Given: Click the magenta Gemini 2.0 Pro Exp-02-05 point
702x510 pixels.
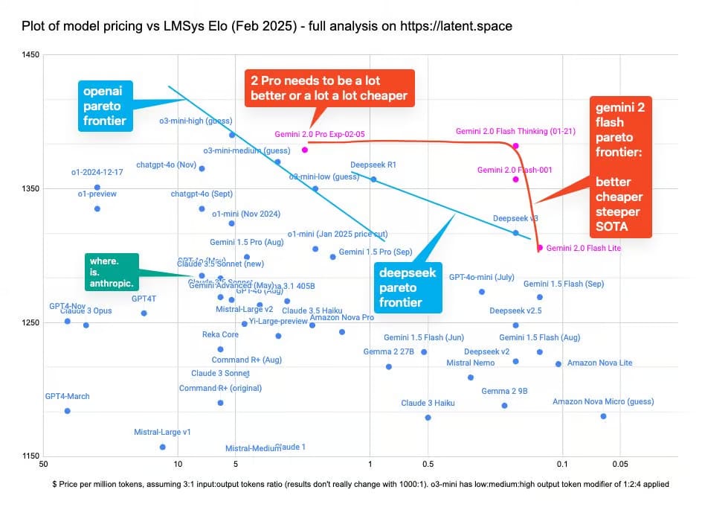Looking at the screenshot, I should (305, 150).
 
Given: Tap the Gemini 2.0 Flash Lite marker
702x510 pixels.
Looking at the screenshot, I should (540, 248).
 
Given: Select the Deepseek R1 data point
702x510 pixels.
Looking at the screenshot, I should (373, 179).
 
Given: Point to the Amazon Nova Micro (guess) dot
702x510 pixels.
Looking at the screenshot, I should (603, 416).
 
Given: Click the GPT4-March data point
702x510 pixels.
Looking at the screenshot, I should (67, 411).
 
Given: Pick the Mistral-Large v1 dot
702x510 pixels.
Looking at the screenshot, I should (163, 447).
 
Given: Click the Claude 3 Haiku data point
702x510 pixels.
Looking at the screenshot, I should (428, 418).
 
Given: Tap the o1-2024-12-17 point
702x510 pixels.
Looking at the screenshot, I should (97, 188).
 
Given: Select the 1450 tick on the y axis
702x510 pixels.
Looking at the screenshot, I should (30, 55).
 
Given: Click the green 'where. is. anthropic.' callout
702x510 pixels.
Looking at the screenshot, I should (112, 272).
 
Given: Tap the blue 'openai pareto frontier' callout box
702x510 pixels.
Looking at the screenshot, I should (106, 105).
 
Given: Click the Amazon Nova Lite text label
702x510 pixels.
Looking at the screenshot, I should (599, 363).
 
